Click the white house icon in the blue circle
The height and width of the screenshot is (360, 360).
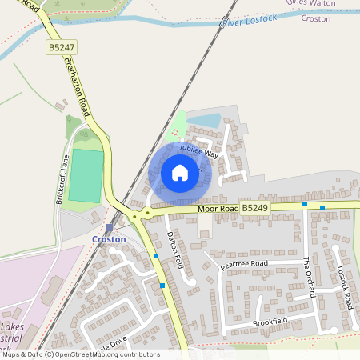tap(180, 172)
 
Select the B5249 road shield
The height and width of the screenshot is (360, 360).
tap(255, 208)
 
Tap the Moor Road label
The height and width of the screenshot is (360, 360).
tap(218, 209)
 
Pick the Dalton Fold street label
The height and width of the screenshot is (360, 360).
tap(174, 250)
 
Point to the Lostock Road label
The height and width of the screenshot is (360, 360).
tap(345, 288)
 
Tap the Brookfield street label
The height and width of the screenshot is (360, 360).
tap(269, 322)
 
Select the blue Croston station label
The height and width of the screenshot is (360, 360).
tap(109, 239)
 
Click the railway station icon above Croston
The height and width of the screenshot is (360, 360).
tap(109, 228)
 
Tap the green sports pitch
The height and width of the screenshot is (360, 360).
tap(86, 176)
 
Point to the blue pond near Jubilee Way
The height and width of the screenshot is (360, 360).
tap(203, 120)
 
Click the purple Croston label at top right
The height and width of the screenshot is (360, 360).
tap(315, 18)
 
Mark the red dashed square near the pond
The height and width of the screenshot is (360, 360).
tap(175, 132)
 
